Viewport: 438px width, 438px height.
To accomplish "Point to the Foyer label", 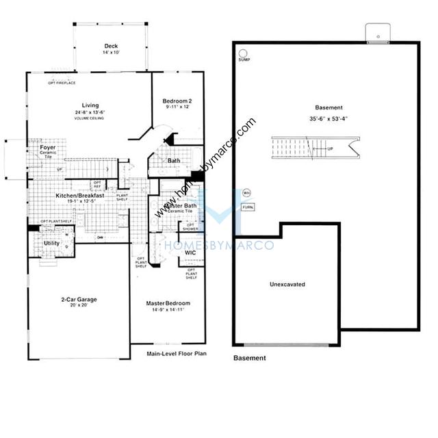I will pos(47,147).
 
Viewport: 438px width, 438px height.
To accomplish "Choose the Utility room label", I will pos(51,243).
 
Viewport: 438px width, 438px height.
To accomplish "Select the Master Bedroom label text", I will pos(168,302).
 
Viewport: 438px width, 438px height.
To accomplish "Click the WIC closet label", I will pos(191,253).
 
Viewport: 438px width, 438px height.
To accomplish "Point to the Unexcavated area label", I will pos(287,283).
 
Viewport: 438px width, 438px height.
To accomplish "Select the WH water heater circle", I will pos(247,193).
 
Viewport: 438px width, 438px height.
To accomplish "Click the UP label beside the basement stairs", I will pos(331,149).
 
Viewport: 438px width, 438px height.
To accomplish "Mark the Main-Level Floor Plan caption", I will pos(177,354).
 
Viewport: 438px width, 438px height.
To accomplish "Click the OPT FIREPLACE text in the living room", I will pos(61,83).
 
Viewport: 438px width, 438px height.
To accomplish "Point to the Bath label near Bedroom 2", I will pos(174,162).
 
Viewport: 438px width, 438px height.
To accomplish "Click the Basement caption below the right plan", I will pos(250,358).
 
